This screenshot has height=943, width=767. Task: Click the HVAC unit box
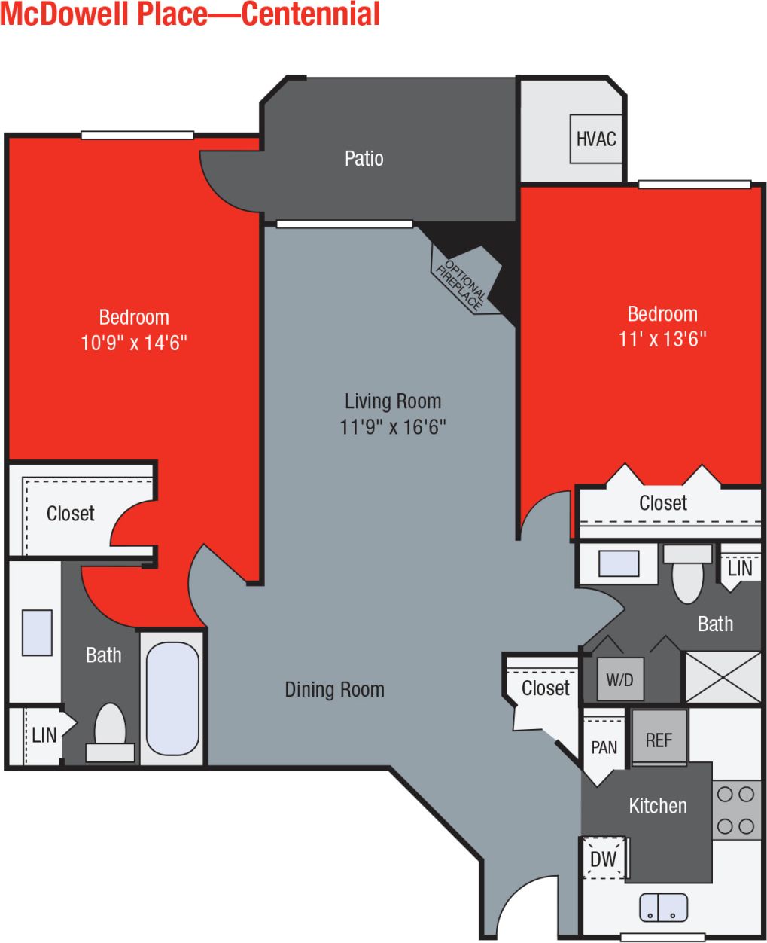point(595,139)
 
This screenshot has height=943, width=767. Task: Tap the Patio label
point(364,158)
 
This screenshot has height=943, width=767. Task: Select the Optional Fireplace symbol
point(465,279)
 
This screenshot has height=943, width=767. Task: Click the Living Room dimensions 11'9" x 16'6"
point(392,427)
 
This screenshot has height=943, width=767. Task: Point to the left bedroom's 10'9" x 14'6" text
point(134,343)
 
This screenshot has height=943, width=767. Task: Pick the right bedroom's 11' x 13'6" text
point(662,339)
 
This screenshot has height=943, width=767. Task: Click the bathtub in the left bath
point(172,697)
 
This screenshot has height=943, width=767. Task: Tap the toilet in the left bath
point(110,731)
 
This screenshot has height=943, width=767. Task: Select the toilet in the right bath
point(686,574)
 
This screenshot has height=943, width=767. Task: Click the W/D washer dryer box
point(619,679)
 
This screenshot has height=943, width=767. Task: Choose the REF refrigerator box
point(659,739)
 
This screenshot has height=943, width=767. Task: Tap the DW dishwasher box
point(603,859)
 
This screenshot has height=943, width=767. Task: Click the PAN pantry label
point(604,747)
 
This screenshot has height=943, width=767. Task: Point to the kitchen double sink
point(663,907)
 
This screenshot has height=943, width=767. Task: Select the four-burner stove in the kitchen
point(735,810)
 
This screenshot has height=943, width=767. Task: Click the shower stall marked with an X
point(722,677)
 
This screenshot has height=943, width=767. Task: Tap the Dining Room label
point(334,689)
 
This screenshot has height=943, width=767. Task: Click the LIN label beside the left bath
point(44,734)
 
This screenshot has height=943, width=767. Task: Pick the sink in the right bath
point(619,563)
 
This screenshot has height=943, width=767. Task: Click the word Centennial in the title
point(311,14)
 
